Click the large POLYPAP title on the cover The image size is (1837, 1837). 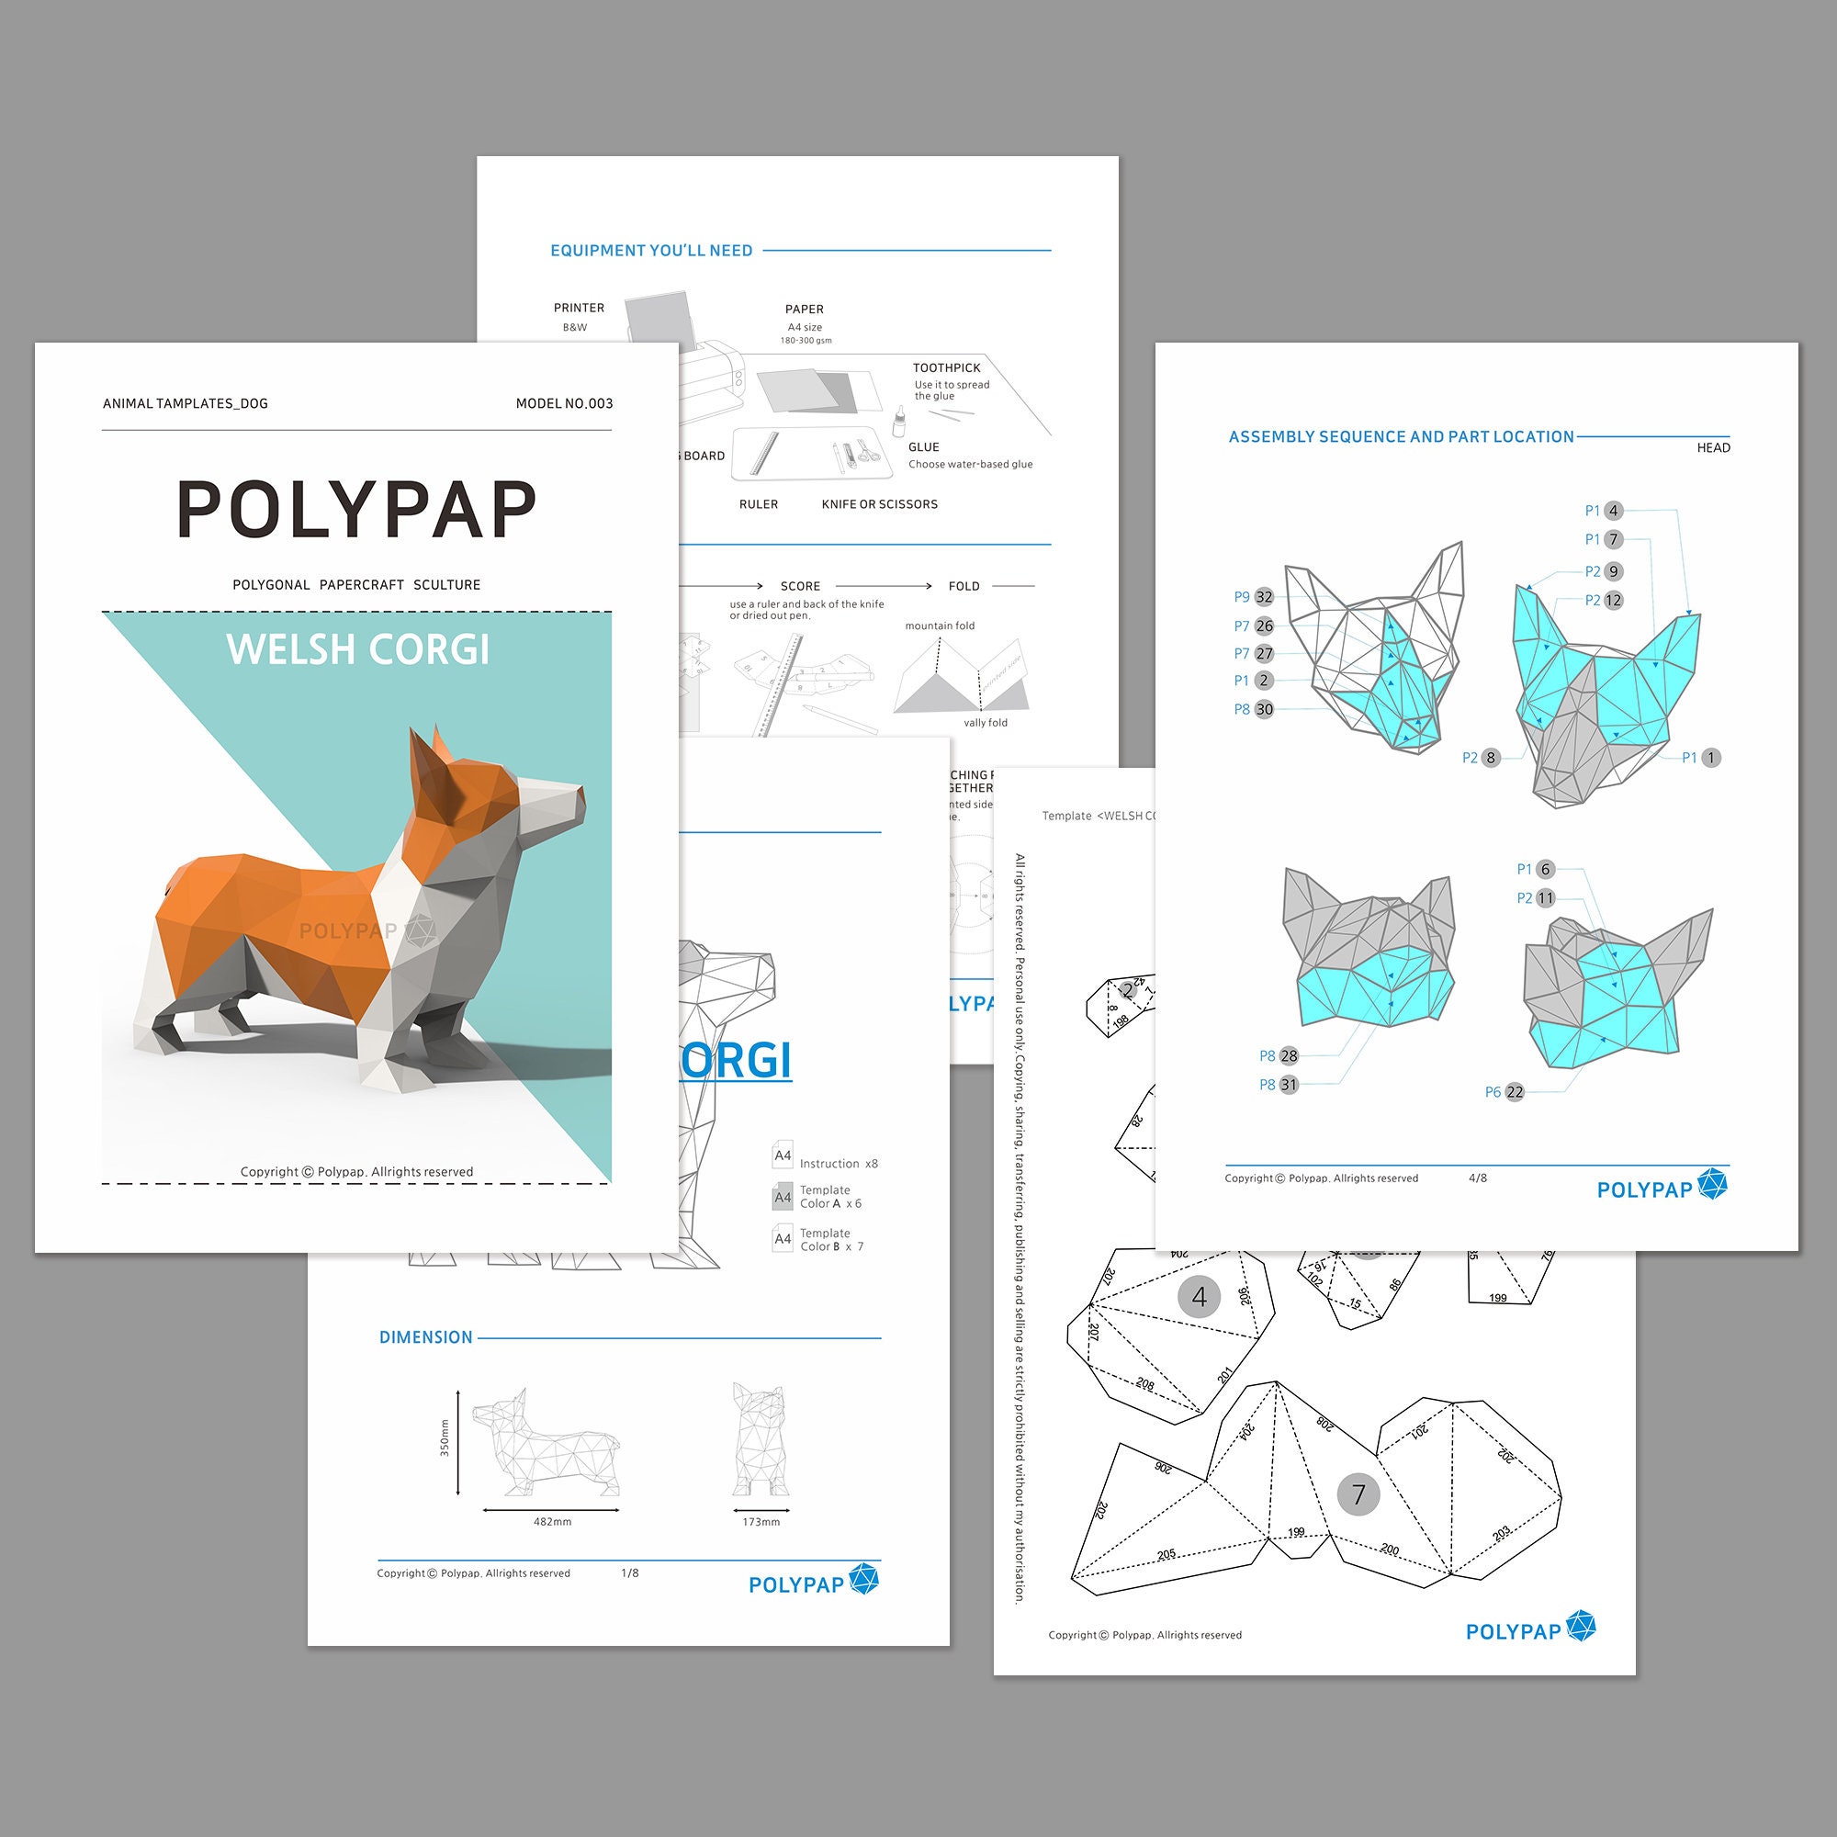pyautogui.click(x=356, y=511)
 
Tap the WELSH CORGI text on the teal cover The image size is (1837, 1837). pyautogui.click(x=357, y=650)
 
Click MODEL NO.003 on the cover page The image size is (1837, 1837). pyautogui.click(x=564, y=403)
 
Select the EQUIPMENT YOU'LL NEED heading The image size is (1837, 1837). pyautogui.click(x=651, y=251)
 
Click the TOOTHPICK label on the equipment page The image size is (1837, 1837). pyautogui.click(x=946, y=368)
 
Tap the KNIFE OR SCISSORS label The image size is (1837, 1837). pyautogui.click(x=880, y=504)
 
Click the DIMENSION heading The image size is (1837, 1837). pyautogui.click(x=426, y=1336)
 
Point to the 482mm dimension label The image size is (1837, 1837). pyautogui.click(x=552, y=1521)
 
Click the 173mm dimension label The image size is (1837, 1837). pyautogui.click(x=761, y=1521)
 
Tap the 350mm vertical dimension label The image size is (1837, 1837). pyautogui.click(x=444, y=1437)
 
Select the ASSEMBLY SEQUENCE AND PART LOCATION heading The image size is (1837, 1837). pyautogui.click(x=1401, y=436)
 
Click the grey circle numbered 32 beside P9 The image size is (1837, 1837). pyautogui.click(x=1264, y=597)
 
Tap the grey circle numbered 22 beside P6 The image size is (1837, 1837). pyautogui.click(x=1515, y=1092)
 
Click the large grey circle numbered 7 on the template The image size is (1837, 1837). pyautogui.click(x=1358, y=1494)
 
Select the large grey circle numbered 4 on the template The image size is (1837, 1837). pyautogui.click(x=1199, y=1297)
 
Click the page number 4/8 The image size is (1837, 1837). pyautogui.click(x=1478, y=1178)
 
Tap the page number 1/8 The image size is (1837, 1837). pyautogui.click(x=629, y=1572)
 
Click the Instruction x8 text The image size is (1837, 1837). pyautogui.click(x=838, y=1164)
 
